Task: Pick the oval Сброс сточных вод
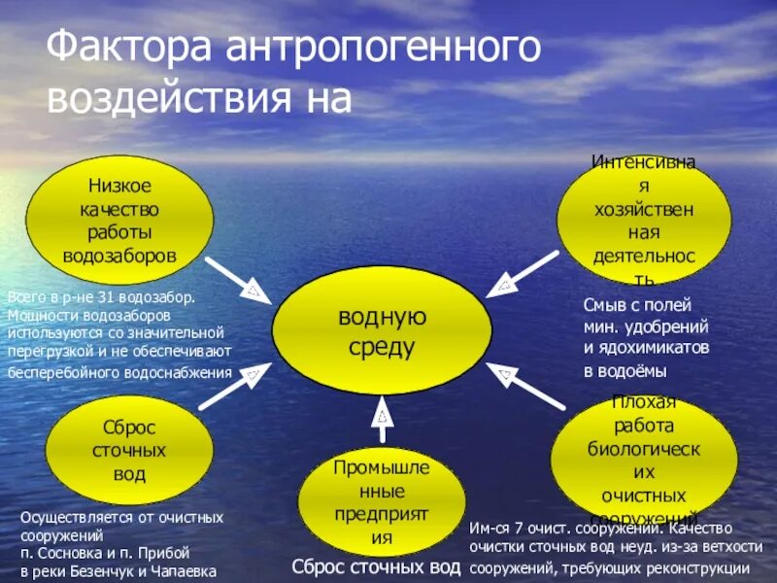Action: tap(129, 450)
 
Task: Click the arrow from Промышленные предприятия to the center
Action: tap(383, 420)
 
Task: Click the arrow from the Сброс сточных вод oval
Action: tap(233, 386)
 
